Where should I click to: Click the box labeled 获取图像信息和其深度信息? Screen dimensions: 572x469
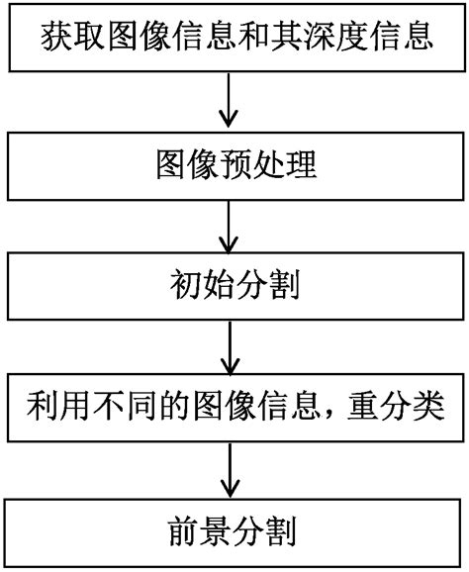[x=234, y=40]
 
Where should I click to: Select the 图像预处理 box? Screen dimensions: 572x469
[x=234, y=164]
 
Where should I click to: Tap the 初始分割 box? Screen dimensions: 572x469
[x=234, y=286]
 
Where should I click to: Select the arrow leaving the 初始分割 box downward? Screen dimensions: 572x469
[x=230, y=346]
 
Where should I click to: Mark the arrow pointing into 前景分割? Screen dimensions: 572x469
[x=230, y=469]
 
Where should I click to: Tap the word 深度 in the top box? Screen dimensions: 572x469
[x=328, y=40]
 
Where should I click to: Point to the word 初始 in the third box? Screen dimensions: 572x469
[x=202, y=286]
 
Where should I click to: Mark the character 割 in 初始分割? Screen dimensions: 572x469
[x=284, y=286]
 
